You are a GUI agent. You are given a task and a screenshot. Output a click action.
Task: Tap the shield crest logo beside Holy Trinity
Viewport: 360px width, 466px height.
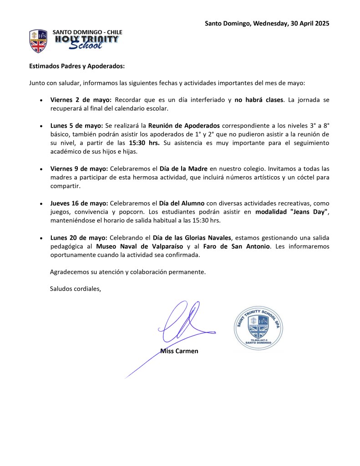point(38,41)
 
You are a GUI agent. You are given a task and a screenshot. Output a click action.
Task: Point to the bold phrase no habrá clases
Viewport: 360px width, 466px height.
point(259,99)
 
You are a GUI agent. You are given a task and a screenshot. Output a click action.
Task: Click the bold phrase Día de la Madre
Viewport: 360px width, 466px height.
point(183,169)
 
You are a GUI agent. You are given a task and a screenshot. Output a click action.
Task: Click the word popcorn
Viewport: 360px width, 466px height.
point(132,212)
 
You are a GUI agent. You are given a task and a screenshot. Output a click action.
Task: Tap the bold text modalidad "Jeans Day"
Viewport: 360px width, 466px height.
point(292,212)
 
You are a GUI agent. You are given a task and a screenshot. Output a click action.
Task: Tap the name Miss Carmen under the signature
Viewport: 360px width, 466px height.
point(179,351)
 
